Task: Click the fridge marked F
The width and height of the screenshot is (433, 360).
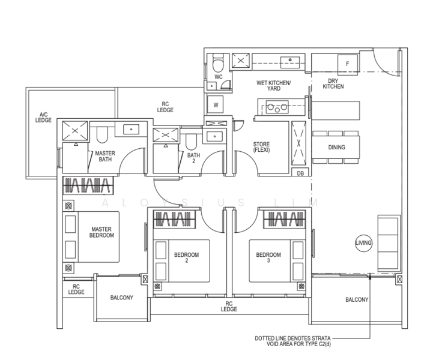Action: tap(348, 64)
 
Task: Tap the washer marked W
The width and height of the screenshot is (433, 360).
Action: tap(216, 104)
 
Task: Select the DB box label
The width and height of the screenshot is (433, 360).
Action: tap(300, 173)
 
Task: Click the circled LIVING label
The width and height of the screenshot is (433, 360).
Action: tap(363, 243)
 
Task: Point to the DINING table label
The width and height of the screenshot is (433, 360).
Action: tap(337, 148)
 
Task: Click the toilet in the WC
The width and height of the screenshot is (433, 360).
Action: tap(218, 62)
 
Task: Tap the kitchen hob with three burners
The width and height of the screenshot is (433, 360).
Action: tap(277, 107)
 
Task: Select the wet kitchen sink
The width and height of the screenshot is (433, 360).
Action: tap(290, 62)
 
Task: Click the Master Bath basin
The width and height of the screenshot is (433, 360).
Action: tap(131, 129)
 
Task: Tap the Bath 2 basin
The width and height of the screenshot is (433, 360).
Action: tap(214, 136)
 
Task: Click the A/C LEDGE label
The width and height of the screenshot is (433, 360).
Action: tap(43, 117)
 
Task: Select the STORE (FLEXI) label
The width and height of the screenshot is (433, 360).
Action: tap(261, 147)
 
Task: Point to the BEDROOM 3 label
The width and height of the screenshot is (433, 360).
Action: tap(268, 257)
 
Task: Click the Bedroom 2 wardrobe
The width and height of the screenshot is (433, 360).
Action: tap(174, 220)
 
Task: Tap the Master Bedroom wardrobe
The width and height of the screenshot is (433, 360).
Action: tap(88, 185)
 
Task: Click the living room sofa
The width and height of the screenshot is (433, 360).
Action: tap(389, 244)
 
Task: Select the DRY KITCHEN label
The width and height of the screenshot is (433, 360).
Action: tap(333, 84)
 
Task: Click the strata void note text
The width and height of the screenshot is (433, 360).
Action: tap(292, 341)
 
